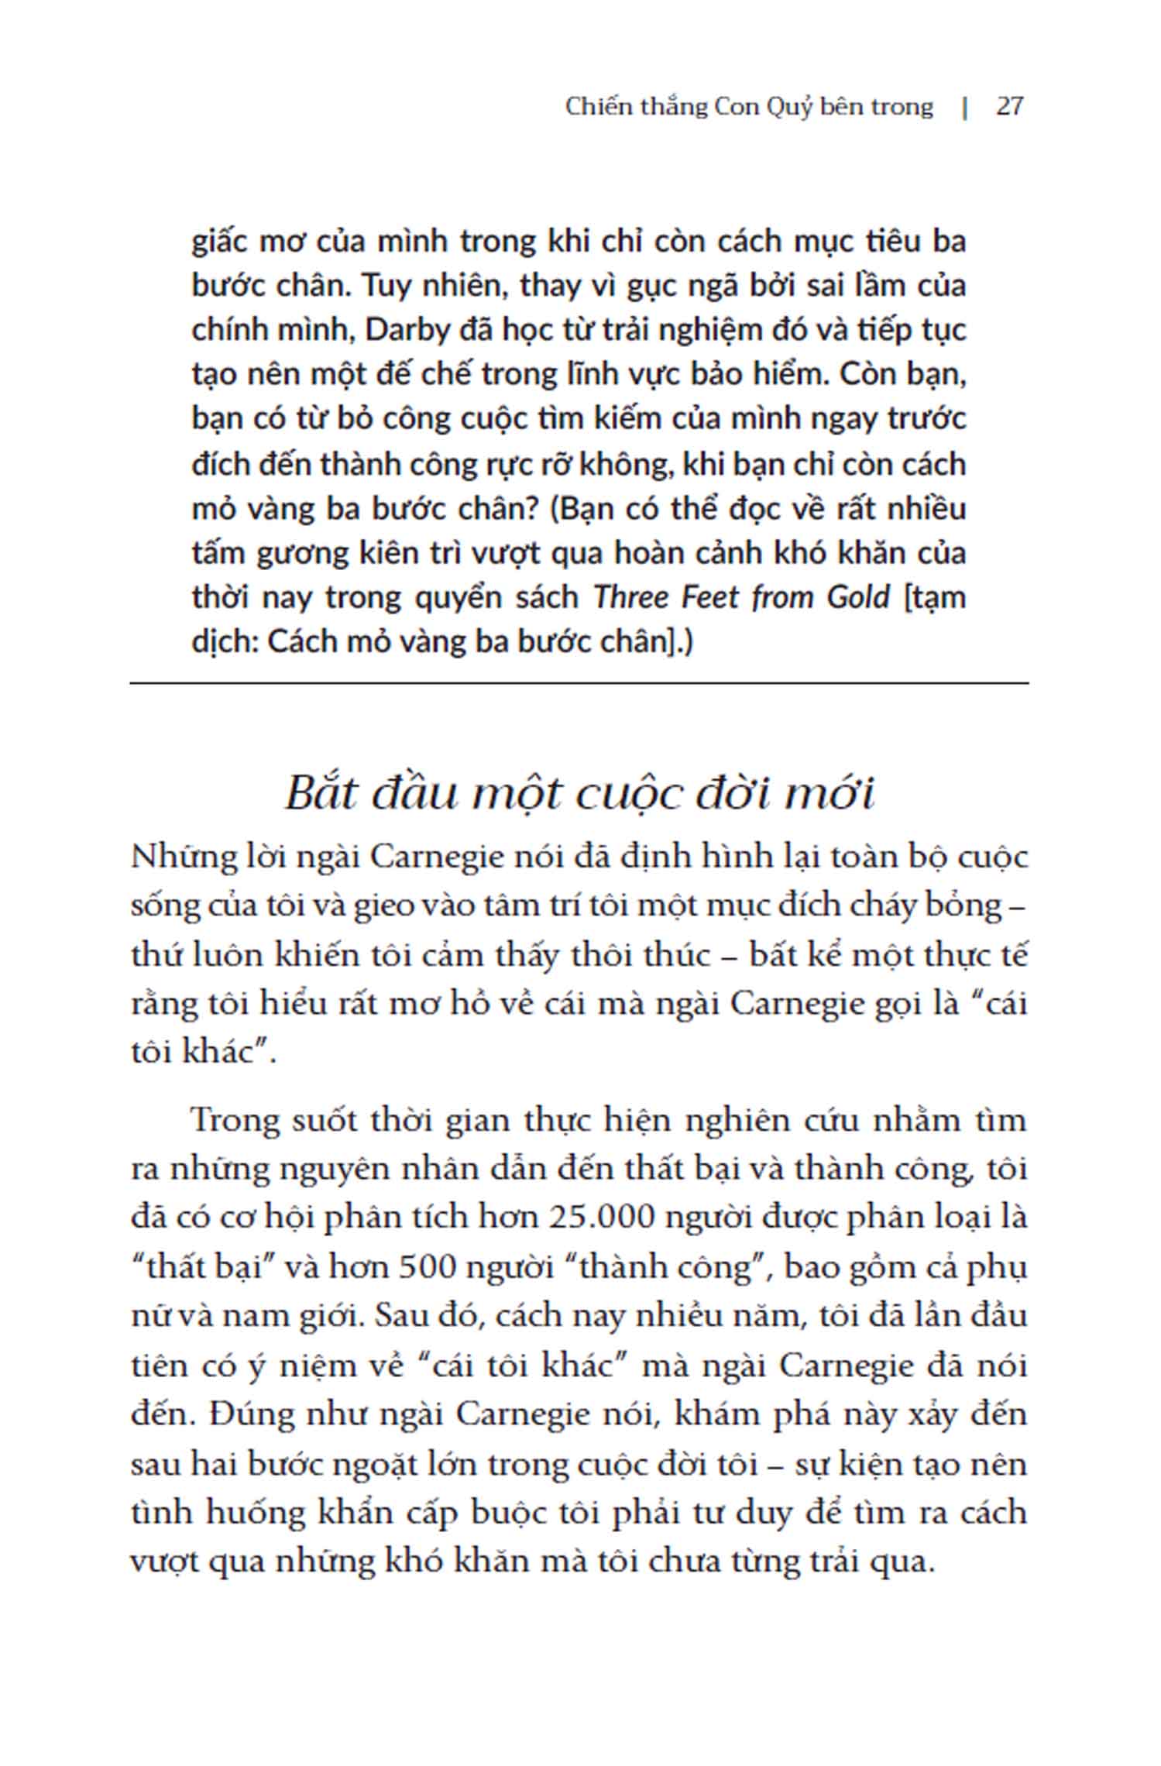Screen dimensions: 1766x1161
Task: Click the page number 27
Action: (x=1009, y=106)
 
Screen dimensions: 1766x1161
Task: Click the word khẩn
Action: (x=356, y=1513)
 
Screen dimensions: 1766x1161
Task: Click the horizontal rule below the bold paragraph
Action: (x=579, y=683)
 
